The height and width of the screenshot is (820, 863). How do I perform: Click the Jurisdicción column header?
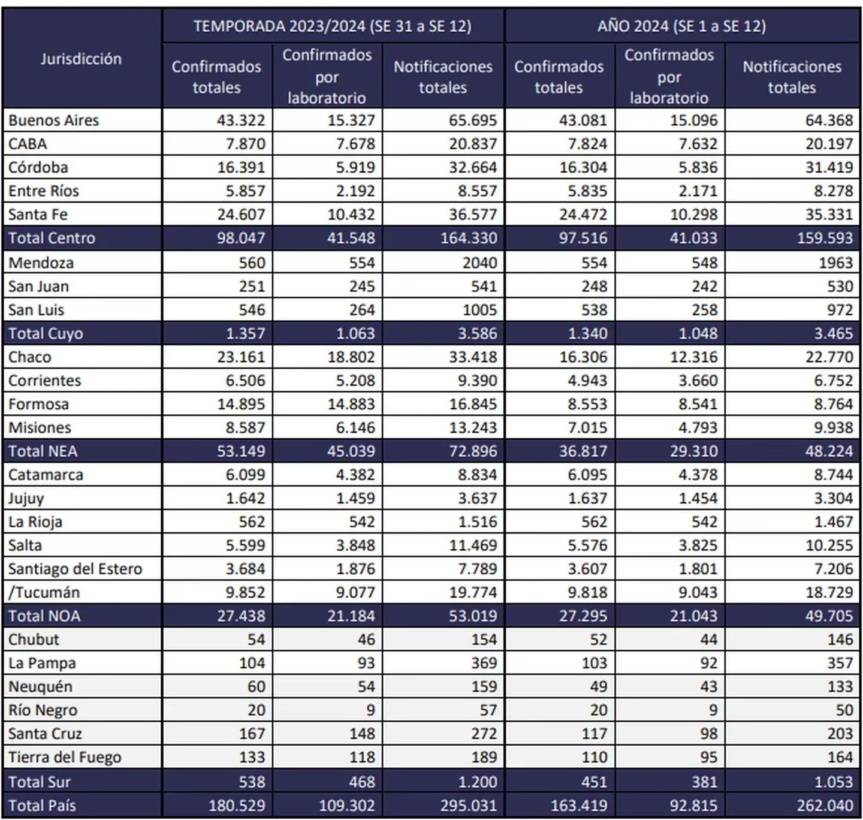81,59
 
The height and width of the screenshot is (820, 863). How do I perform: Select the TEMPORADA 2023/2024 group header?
332,26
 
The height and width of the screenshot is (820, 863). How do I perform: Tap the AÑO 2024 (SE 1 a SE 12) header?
681,26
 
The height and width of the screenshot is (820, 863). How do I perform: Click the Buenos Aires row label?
54,120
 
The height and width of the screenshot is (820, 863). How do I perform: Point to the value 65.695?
472,120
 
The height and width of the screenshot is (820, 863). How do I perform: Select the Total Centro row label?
52,238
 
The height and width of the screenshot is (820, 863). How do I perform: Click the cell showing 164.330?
469,238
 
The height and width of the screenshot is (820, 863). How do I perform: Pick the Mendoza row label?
41,263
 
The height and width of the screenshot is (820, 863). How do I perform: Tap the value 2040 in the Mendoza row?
479,263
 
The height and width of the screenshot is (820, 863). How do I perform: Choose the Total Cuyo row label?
46,333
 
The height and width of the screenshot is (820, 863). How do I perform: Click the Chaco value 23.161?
240,357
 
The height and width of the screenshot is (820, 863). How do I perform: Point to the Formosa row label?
38,404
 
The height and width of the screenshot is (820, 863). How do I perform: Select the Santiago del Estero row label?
75,568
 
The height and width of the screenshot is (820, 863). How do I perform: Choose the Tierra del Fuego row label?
65,757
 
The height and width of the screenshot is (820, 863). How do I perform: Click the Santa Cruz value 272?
483,733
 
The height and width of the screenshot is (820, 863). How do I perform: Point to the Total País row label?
42,805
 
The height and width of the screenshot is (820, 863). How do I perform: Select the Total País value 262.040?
825,805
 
